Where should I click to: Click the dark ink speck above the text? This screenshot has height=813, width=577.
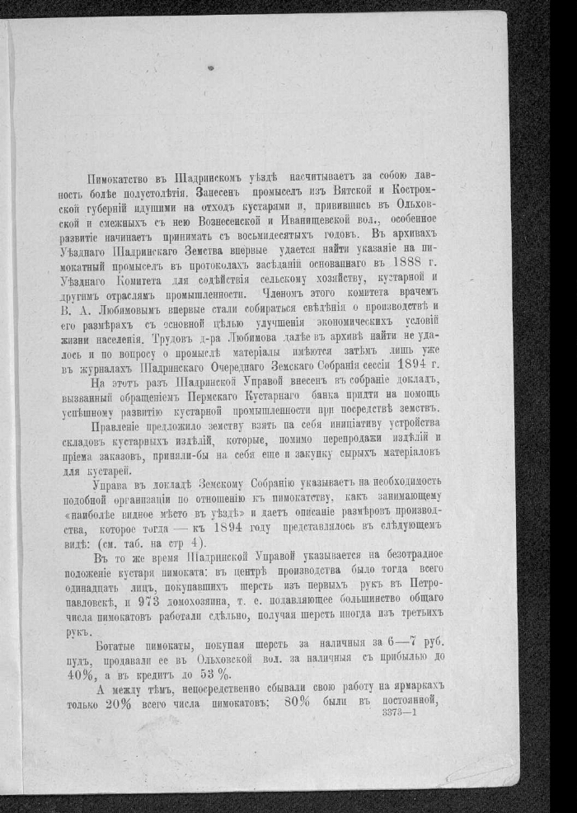pos(211,68)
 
